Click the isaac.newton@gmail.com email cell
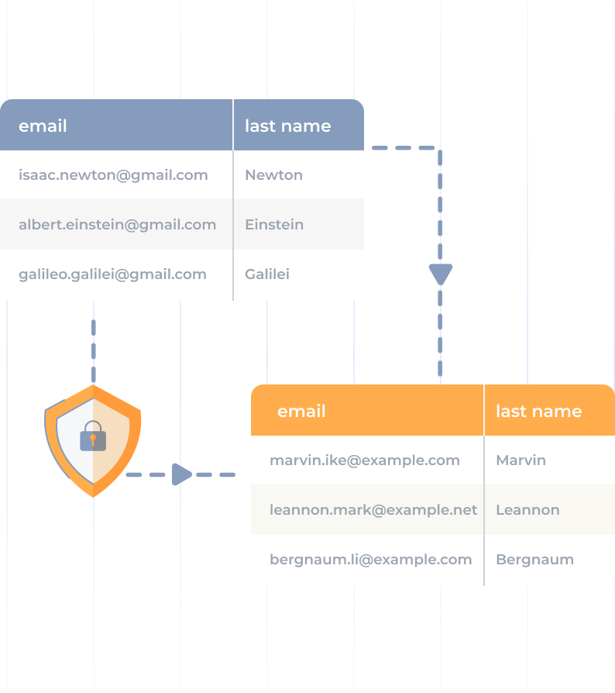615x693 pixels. tap(113, 175)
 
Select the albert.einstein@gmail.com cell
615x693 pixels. tap(117, 225)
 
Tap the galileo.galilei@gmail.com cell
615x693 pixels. tap(112, 274)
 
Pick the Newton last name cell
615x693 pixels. tap(273, 175)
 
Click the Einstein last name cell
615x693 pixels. tap(274, 225)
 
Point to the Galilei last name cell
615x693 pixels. tap(267, 274)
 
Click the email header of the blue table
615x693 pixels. tap(43, 126)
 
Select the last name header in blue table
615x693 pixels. tap(287, 126)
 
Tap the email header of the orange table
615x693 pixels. tap(301, 411)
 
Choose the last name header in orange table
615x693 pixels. tap(538, 411)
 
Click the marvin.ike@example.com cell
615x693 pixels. tap(365, 460)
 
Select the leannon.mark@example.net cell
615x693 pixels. tap(373, 510)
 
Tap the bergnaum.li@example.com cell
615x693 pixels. tap(370, 560)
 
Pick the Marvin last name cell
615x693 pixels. tap(521, 460)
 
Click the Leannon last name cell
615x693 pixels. tap(527, 510)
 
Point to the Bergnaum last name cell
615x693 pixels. tap(534, 560)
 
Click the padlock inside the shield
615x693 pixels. tap(93, 436)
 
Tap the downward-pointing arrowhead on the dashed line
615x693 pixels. tap(440, 274)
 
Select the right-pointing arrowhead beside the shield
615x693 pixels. tap(181, 474)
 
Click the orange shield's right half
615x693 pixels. tap(116, 438)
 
